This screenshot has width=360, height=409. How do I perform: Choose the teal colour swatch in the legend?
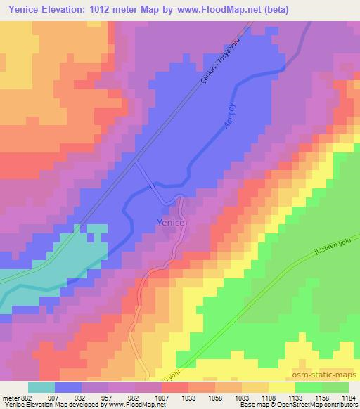point(42,387)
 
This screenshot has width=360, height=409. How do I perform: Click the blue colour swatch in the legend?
point(69,387)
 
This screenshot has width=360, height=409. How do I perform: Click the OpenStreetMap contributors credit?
point(320,405)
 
